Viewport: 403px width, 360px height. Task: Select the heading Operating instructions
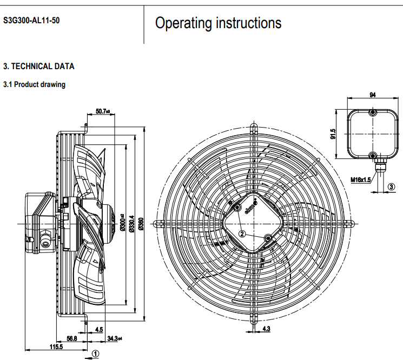coord(218,23)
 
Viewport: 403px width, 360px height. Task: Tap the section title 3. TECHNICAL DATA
coord(39,66)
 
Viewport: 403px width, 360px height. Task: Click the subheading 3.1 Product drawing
coord(35,84)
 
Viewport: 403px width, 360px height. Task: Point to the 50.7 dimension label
coord(102,111)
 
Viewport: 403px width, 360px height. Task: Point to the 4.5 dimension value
coord(98,329)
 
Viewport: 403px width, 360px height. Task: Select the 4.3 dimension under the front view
coord(266,329)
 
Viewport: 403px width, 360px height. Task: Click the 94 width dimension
coord(373,95)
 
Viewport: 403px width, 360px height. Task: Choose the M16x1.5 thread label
coord(360,179)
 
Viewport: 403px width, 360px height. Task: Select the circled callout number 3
coord(391,186)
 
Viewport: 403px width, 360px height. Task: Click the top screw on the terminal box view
coord(373,113)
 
